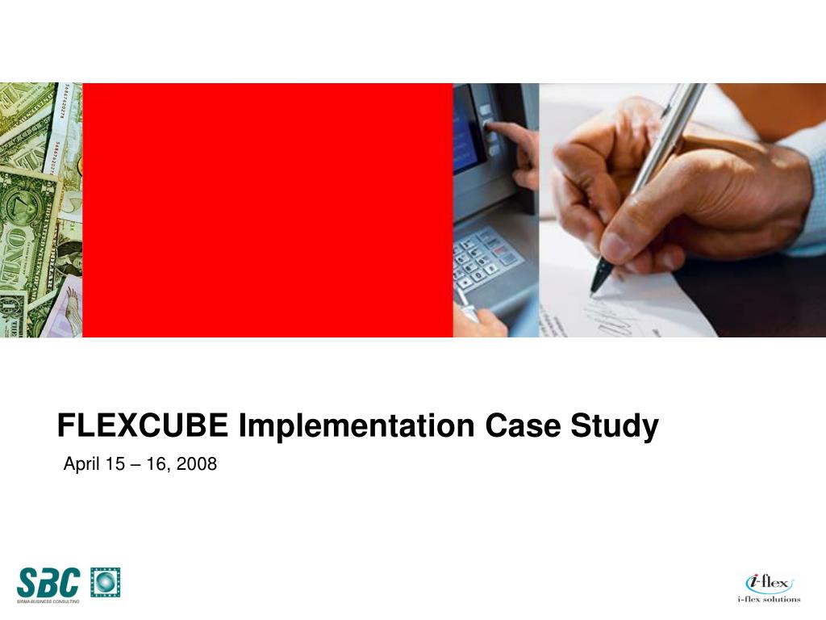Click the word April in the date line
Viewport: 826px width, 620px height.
[81, 464]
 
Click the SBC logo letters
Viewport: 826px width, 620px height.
[48, 581]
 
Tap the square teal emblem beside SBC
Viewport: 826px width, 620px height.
[105, 582]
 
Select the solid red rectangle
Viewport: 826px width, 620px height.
[267, 210]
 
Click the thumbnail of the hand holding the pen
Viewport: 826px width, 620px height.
[682, 210]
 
